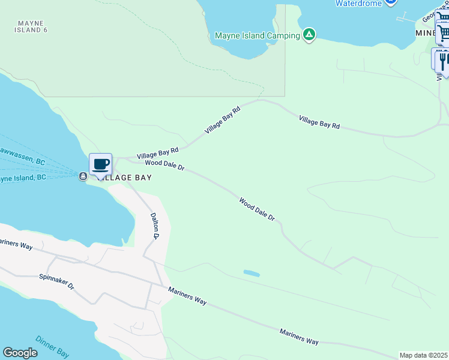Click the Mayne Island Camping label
257,35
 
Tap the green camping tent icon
309,35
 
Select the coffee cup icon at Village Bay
100,164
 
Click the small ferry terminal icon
82,176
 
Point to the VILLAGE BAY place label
124,178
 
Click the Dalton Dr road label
154,226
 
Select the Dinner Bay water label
52,347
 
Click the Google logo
20,353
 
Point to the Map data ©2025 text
424,355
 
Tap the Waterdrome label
359,3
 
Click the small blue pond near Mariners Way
252,274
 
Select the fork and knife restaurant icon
443,61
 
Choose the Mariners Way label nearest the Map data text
299,336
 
